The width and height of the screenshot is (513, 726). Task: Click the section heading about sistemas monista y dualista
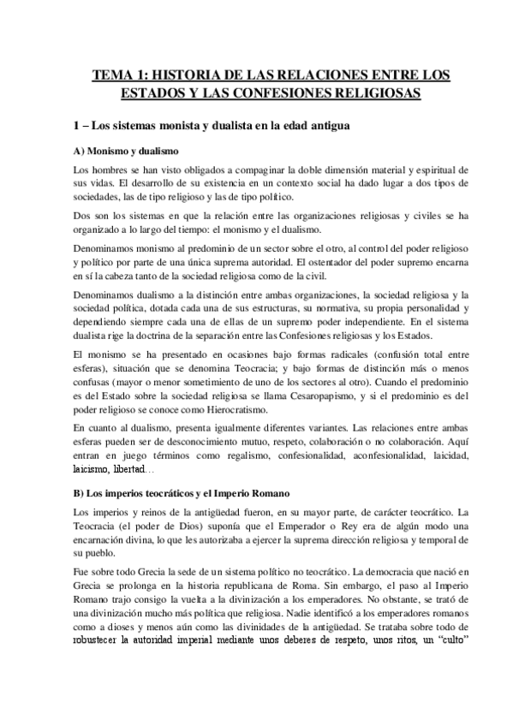click(x=212, y=126)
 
